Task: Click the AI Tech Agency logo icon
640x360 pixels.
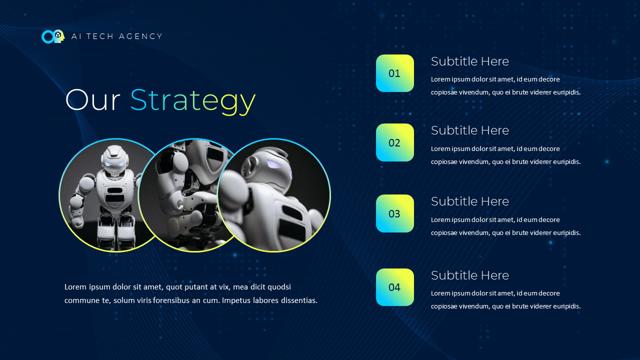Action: click(53, 36)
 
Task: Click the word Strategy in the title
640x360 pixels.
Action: click(192, 100)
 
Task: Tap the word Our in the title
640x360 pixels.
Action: click(92, 100)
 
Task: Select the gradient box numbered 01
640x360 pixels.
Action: click(395, 73)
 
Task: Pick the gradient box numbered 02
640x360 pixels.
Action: click(395, 142)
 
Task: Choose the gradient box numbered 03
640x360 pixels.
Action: click(395, 213)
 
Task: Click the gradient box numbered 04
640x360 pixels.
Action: click(395, 287)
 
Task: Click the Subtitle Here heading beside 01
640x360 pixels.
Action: click(469, 61)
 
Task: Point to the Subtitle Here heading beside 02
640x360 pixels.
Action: click(469, 130)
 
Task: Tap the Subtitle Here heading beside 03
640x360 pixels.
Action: click(469, 201)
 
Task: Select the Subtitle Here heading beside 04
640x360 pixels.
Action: click(469, 275)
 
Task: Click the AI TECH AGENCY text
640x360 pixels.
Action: click(117, 36)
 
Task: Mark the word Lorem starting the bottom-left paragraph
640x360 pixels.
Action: click(75, 287)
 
